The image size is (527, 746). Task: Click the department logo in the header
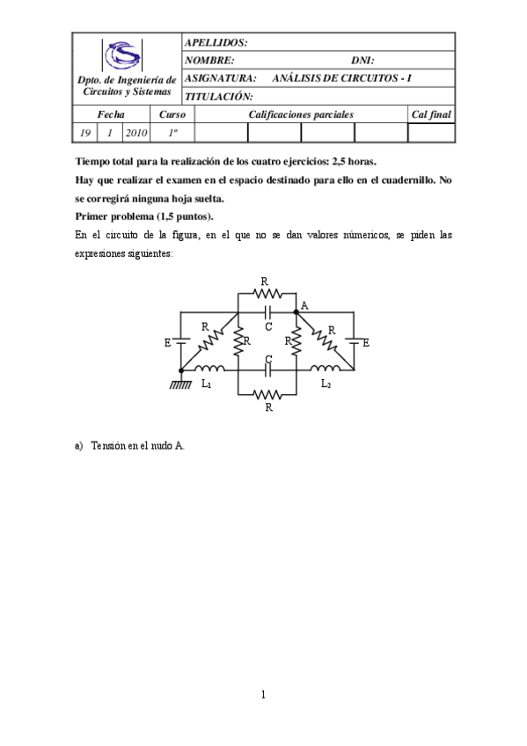point(123,55)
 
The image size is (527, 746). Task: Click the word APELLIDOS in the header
point(216,42)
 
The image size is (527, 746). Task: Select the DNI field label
point(362,61)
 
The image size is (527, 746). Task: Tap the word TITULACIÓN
point(219,97)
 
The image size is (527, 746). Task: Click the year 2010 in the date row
point(136,133)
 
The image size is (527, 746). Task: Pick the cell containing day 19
point(85,133)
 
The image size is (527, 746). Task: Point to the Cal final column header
point(431,114)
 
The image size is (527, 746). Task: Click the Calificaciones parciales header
point(301,114)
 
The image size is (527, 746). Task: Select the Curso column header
point(172,114)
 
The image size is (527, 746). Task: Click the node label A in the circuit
point(304,304)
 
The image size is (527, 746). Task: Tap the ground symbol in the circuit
point(180,384)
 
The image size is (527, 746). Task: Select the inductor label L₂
point(325,384)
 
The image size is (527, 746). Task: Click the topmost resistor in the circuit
point(267,294)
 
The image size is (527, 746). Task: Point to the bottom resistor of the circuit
point(267,395)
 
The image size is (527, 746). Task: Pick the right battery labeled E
point(354,341)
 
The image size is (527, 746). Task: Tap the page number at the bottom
point(263,695)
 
